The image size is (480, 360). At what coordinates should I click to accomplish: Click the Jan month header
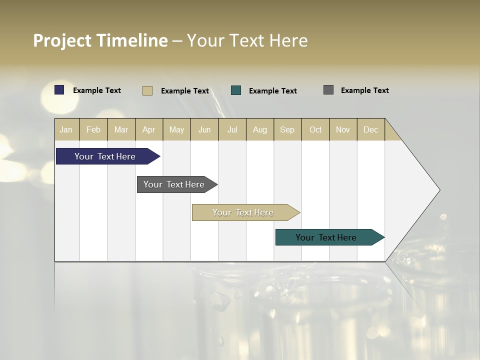[66, 129]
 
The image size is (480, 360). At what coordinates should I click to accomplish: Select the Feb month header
[93, 129]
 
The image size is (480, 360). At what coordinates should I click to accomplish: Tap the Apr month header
[149, 129]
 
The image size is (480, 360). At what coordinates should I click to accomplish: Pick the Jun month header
[204, 129]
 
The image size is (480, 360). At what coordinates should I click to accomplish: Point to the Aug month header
[260, 129]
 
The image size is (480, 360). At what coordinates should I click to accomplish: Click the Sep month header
[287, 129]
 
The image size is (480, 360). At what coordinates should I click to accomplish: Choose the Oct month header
[315, 129]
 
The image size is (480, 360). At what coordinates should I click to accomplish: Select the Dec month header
[371, 129]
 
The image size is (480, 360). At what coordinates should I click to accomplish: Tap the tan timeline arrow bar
[243, 212]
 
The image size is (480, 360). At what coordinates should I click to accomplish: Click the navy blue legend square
[59, 90]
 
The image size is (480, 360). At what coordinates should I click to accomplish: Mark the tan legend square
[147, 90]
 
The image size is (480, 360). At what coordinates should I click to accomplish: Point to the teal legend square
[236, 90]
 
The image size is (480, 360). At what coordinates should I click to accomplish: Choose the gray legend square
[328, 90]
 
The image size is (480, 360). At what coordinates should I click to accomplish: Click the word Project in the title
[62, 40]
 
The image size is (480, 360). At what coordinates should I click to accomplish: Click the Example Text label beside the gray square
[364, 90]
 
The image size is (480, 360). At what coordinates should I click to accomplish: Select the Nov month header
[343, 129]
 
